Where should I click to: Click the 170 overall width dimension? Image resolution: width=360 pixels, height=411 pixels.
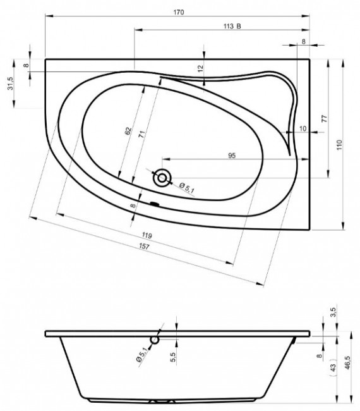point(179,12)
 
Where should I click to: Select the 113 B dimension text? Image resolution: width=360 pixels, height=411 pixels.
point(232,26)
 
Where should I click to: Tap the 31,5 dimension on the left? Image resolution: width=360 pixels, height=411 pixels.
point(11,83)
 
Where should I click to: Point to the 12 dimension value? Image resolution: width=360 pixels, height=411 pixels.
point(200,69)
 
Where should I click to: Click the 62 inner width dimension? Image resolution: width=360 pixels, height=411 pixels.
point(128,132)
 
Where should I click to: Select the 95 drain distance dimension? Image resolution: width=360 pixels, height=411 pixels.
point(232,156)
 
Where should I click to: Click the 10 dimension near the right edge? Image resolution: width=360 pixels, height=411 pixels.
point(303,128)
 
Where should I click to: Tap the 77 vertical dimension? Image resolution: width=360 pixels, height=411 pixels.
point(324,119)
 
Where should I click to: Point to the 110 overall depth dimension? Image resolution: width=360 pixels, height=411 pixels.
point(339,145)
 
